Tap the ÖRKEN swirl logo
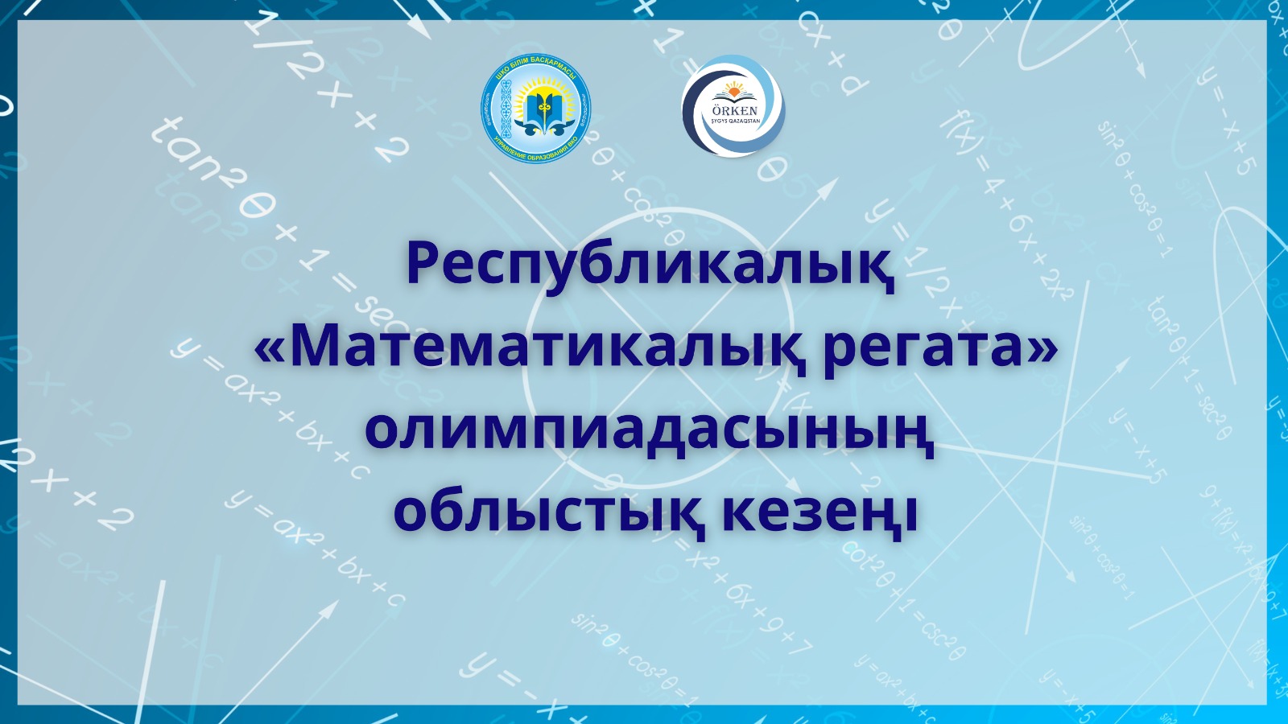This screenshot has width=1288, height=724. [x=733, y=106]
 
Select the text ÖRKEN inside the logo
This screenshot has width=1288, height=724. [x=735, y=110]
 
